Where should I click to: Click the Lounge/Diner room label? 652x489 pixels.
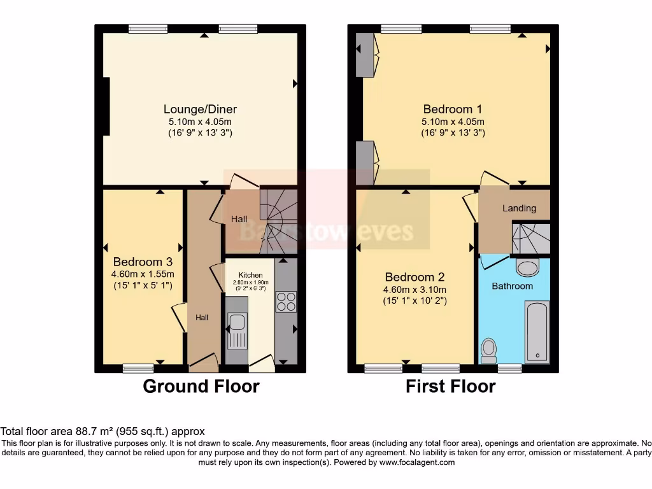click(200, 109)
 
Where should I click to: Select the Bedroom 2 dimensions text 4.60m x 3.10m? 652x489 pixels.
click(415, 290)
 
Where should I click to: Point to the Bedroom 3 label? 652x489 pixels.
click(143, 262)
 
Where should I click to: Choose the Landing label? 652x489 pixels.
click(519, 208)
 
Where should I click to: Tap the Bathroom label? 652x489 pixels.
click(512, 286)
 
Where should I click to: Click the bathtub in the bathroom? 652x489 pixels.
click(537, 332)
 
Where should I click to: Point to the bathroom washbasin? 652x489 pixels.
click(528, 267)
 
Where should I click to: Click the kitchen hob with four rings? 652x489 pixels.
click(286, 301)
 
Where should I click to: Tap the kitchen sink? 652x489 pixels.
click(237, 331)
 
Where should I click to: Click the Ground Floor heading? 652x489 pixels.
click(201, 386)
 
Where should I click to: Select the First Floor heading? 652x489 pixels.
click(451, 386)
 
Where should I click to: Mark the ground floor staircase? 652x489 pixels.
click(278, 220)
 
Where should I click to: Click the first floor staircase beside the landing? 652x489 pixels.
click(531, 238)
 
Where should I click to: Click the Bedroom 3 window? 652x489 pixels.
click(138, 367)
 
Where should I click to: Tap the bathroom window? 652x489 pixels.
click(509, 367)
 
